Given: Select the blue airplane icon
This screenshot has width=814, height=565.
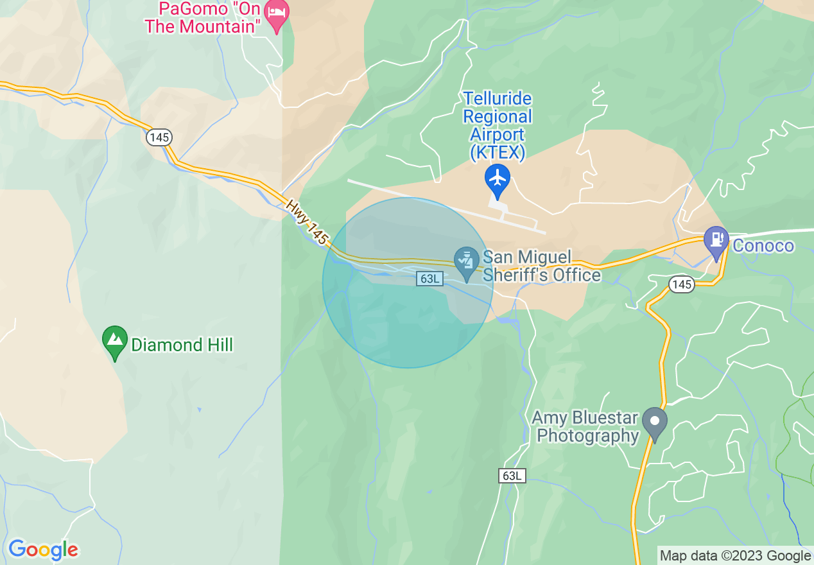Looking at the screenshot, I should tap(498, 178).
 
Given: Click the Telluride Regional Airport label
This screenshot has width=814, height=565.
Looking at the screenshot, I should tap(498, 117).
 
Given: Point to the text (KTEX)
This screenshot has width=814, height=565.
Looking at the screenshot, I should tap(498, 153).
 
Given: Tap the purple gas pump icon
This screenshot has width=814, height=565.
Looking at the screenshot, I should tap(716, 240).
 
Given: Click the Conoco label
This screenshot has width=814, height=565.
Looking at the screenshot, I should tap(763, 245).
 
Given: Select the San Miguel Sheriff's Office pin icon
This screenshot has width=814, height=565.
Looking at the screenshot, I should tap(467, 261).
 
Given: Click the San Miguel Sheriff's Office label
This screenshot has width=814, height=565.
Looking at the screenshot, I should tap(541, 266).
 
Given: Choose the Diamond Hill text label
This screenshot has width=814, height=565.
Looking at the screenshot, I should tap(182, 345).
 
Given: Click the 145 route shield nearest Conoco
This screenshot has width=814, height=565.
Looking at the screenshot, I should tap(681, 284).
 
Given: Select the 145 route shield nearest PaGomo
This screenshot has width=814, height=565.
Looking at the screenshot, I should tap(158, 136).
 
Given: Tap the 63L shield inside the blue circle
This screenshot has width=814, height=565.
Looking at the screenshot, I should tap(429, 278).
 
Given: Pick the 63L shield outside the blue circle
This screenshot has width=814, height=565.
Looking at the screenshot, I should tap(512, 476).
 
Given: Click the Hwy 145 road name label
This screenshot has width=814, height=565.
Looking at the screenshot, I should tap(307, 222).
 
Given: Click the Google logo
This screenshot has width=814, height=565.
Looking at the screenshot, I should tap(43, 550).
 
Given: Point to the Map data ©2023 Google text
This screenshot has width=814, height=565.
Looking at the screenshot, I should tap(735, 555).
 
